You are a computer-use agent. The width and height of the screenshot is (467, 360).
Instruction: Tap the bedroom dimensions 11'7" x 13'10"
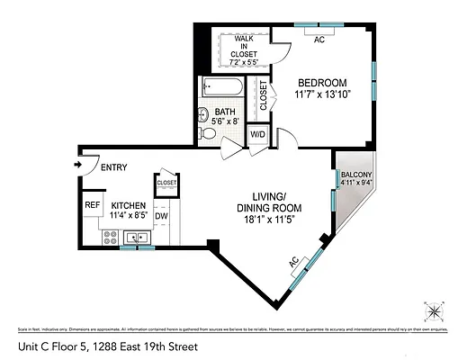pos(323,94)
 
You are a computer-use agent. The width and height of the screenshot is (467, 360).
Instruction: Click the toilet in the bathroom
pos(208,133)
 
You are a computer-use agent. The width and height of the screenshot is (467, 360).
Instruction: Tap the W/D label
pos(257,135)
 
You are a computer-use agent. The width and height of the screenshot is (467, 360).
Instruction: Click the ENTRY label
pos(113,167)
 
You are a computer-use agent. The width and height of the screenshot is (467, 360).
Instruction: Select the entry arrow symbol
pos(78,164)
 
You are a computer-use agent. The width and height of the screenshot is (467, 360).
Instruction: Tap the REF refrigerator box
pos(92,205)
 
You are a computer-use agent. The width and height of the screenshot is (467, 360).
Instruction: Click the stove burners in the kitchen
pos(112,238)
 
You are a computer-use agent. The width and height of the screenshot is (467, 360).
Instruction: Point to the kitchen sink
pos(137,238)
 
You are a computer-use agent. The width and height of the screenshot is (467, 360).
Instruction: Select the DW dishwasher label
pos(162,216)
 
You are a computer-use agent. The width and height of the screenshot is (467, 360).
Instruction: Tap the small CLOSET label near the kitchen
pos(166,183)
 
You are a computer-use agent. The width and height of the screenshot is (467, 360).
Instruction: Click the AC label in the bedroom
pos(319,40)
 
